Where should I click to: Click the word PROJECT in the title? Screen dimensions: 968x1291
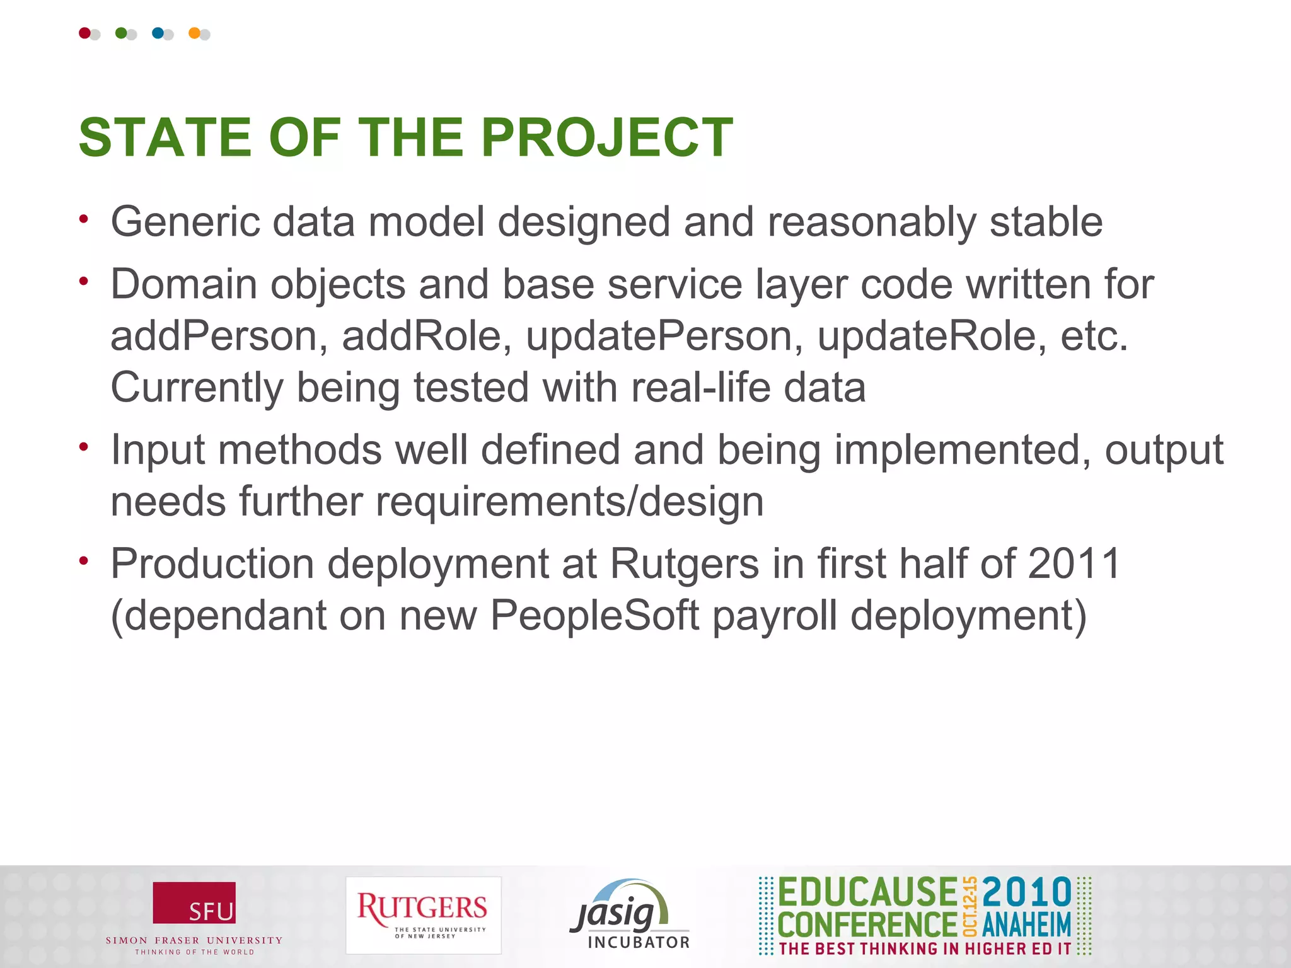point(606,137)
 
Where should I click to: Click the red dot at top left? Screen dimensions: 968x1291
point(84,33)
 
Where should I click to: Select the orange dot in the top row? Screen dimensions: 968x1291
point(194,33)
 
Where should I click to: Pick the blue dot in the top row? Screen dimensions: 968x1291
point(158,33)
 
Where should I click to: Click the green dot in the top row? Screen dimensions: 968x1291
point(121,33)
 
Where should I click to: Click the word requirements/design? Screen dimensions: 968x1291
point(569,502)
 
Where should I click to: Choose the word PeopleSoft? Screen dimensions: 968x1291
point(594,615)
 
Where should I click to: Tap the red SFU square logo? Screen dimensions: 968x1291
point(194,902)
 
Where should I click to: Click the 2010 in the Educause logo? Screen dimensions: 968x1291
point(1026,892)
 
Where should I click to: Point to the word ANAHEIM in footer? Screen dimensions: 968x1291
point(1026,925)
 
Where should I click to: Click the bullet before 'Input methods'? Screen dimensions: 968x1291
point(83,447)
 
